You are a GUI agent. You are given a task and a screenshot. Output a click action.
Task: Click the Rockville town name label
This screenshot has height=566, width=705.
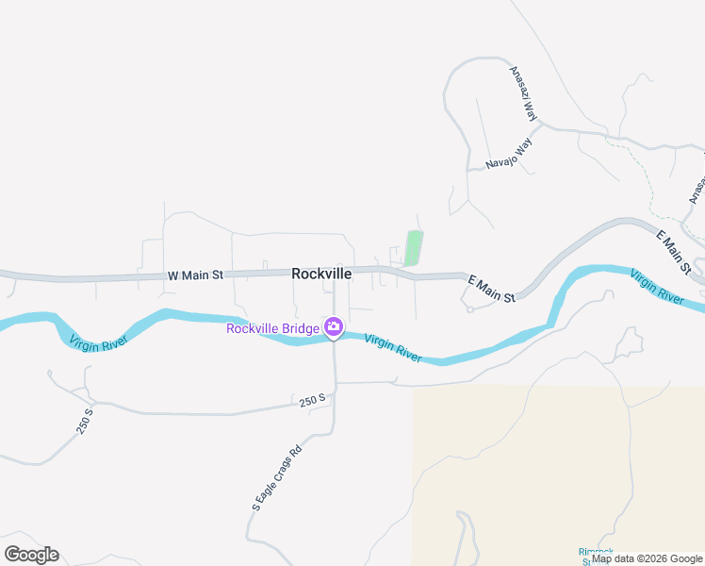pyautogui.click(x=321, y=274)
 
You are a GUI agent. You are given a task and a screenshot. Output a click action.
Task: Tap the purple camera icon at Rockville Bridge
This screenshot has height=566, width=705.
pyautogui.click(x=333, y=327)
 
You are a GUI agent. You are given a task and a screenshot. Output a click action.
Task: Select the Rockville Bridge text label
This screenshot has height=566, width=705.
pyautogui.click(x=272, y=328)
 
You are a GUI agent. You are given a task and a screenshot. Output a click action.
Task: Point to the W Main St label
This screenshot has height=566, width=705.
pyautogui.click(x=195, y=275)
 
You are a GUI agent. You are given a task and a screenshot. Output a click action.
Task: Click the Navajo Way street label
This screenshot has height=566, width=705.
pyautogui.click(x=509, y=154)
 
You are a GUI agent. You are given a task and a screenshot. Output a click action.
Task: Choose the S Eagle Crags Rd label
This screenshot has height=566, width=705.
pyautogui.click(x=276, y=477)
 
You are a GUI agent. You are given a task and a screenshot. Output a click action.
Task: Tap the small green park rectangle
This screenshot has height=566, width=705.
pyautogui.click(x=413, y=248)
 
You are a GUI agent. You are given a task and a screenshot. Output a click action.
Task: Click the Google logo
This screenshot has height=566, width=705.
pyautogui.click(x=31, y=555)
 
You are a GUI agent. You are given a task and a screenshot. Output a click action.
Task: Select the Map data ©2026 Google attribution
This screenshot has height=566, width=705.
pyautogui.click(x=647, y=558)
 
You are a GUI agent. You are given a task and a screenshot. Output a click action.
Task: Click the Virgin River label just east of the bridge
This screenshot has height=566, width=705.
pyautogui.click(x=393, y=346)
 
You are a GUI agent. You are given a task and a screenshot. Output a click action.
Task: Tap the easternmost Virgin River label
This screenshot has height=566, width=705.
pyautogui.click(x=656, y=286)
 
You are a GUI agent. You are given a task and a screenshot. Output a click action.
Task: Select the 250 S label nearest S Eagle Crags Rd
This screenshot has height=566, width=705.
pyautogui.click(x=312, y=401)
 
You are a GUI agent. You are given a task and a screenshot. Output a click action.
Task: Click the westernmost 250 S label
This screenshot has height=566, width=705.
pyautogui.click(x=86, y=421)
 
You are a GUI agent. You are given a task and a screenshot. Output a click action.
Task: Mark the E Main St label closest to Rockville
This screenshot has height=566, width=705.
pyautogui.click(x=491, y=288)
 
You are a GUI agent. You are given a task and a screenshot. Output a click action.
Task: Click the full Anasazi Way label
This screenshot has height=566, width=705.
pyautogui.click(x=523, y=94)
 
